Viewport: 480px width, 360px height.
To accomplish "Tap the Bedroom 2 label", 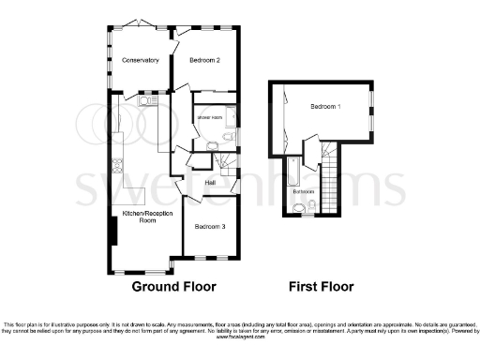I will [x=204, y=60].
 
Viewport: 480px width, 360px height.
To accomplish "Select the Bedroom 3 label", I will [x=210, y=227].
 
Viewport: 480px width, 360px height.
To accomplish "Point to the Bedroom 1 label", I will [x=325, y=107].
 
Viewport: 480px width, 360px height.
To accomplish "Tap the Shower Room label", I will [x=208, y=117].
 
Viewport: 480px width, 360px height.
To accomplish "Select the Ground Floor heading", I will [x=173, y=286].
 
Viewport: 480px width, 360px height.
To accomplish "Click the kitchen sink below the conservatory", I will [x=147, y=97].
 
